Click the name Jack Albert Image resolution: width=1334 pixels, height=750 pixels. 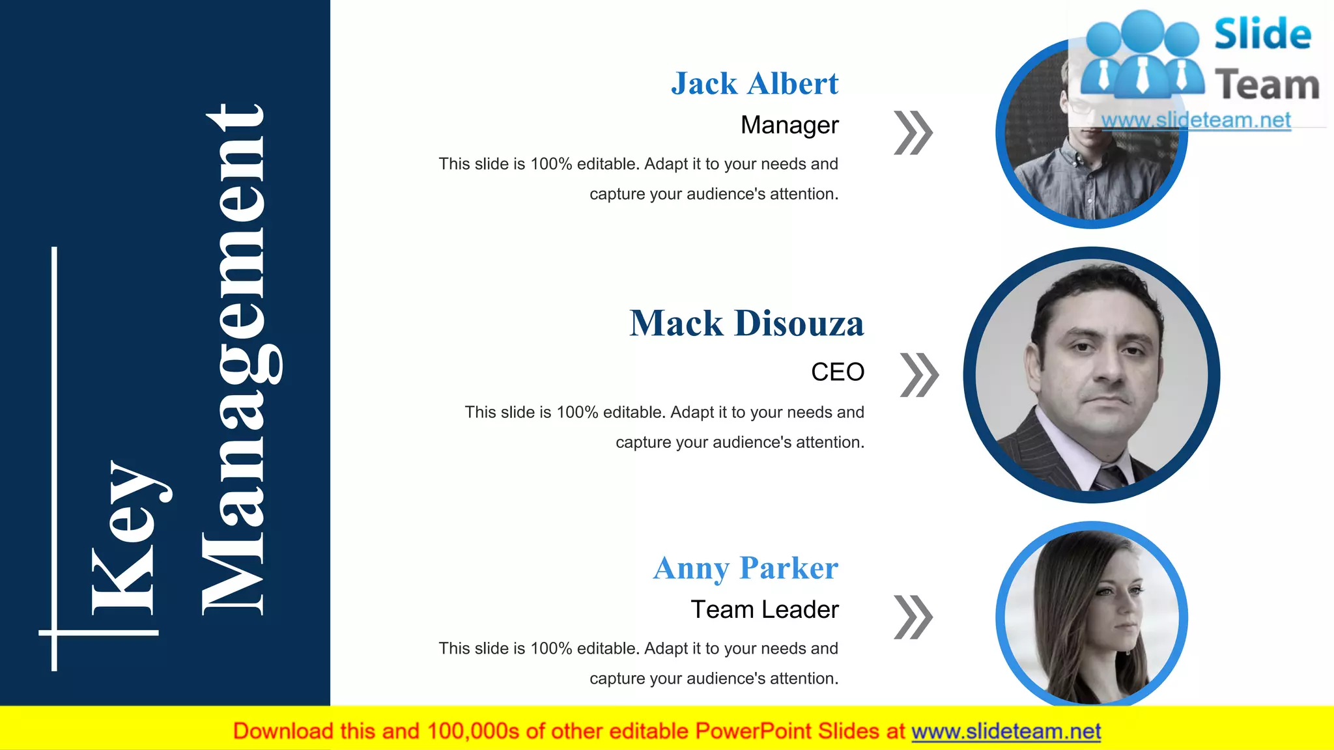click(x=755, y=84)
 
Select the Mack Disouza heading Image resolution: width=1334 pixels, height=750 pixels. click(x=746, y=324)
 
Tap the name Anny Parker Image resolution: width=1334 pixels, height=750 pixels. click(x=746, y=568)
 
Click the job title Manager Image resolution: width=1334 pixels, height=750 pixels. click(x=789, y=125)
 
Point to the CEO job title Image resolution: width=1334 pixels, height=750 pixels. click(x=838, y=372)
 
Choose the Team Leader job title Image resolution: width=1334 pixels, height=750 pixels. click(x=765, y=610)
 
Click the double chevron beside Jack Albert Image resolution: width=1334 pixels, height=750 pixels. click(x=913, y=133)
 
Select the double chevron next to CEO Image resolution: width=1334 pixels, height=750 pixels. click(x=919, y=375)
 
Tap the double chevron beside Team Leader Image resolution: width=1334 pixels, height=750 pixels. click(x=913, y=617)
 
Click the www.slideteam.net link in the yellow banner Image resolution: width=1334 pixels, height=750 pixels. click(x=1006, y=732)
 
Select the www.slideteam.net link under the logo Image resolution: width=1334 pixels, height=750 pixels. click(x=1196, y=120)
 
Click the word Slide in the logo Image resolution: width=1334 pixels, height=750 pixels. click(x=1262, y=35)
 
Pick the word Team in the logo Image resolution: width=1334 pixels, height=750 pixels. click(x=1267, y=85)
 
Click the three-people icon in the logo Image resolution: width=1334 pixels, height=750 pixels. click(x=1142, y=55)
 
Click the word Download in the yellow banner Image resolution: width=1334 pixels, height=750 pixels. click(x=283, y=732)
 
